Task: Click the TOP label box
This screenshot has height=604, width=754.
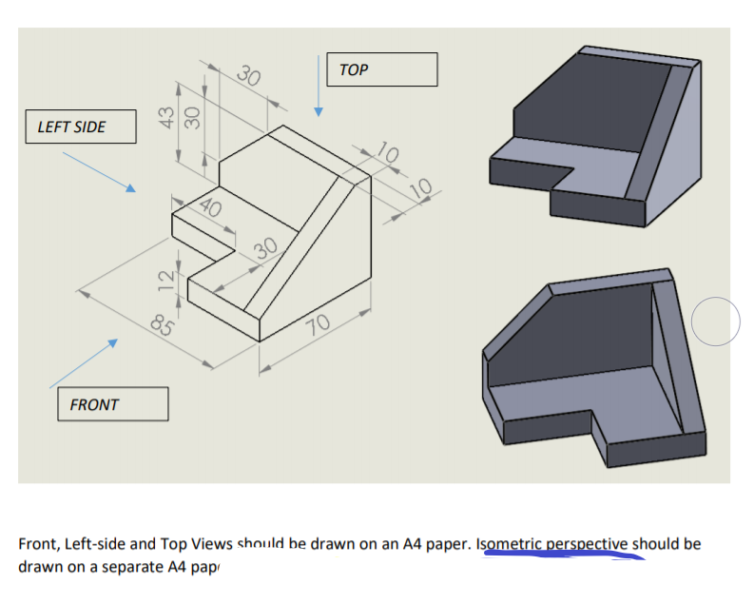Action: [x=381, y=69]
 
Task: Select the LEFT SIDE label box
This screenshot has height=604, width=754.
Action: [x=80, y=127]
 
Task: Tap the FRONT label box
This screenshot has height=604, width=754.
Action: [x=112, y=404]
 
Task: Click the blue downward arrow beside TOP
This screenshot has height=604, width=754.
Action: [x=319, y=87]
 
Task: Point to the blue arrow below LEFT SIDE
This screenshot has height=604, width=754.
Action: [x=95, y=171]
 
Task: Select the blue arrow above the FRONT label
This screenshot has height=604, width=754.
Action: [x=83, y=362]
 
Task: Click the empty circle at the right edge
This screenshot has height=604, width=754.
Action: [x=715, y=321]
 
